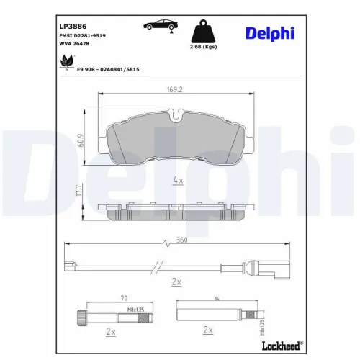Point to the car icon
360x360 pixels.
pos(159,25)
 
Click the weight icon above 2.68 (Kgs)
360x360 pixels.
pos(204,30)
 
